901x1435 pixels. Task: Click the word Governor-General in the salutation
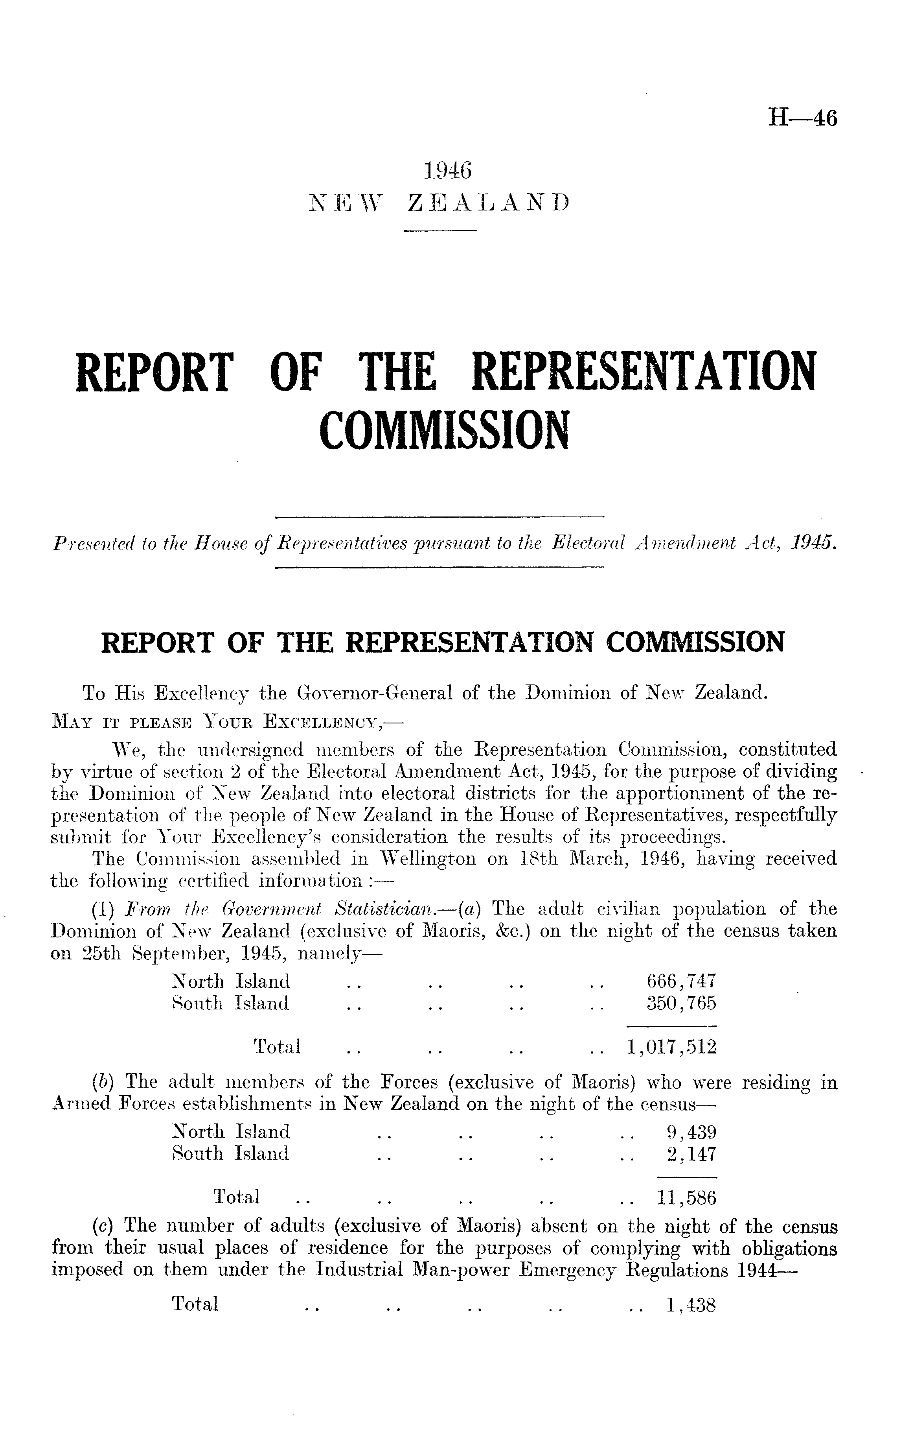pyautogui.click(x=368, y=693)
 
